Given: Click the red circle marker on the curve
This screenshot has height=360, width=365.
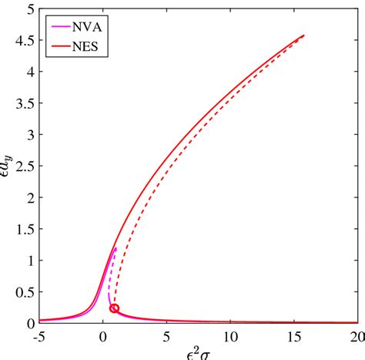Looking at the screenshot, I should (115, 308).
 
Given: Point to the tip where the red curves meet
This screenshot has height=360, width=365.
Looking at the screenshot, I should (304, 35).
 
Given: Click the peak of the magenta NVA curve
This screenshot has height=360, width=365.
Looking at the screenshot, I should (116, 248).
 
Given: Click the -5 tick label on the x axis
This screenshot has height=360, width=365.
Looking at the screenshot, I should (38, 336).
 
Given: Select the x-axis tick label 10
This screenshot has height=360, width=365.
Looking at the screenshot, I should (230, 336).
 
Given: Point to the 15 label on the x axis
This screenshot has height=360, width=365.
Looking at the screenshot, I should (293, 336).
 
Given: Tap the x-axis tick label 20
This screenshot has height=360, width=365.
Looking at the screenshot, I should (356, 336).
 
